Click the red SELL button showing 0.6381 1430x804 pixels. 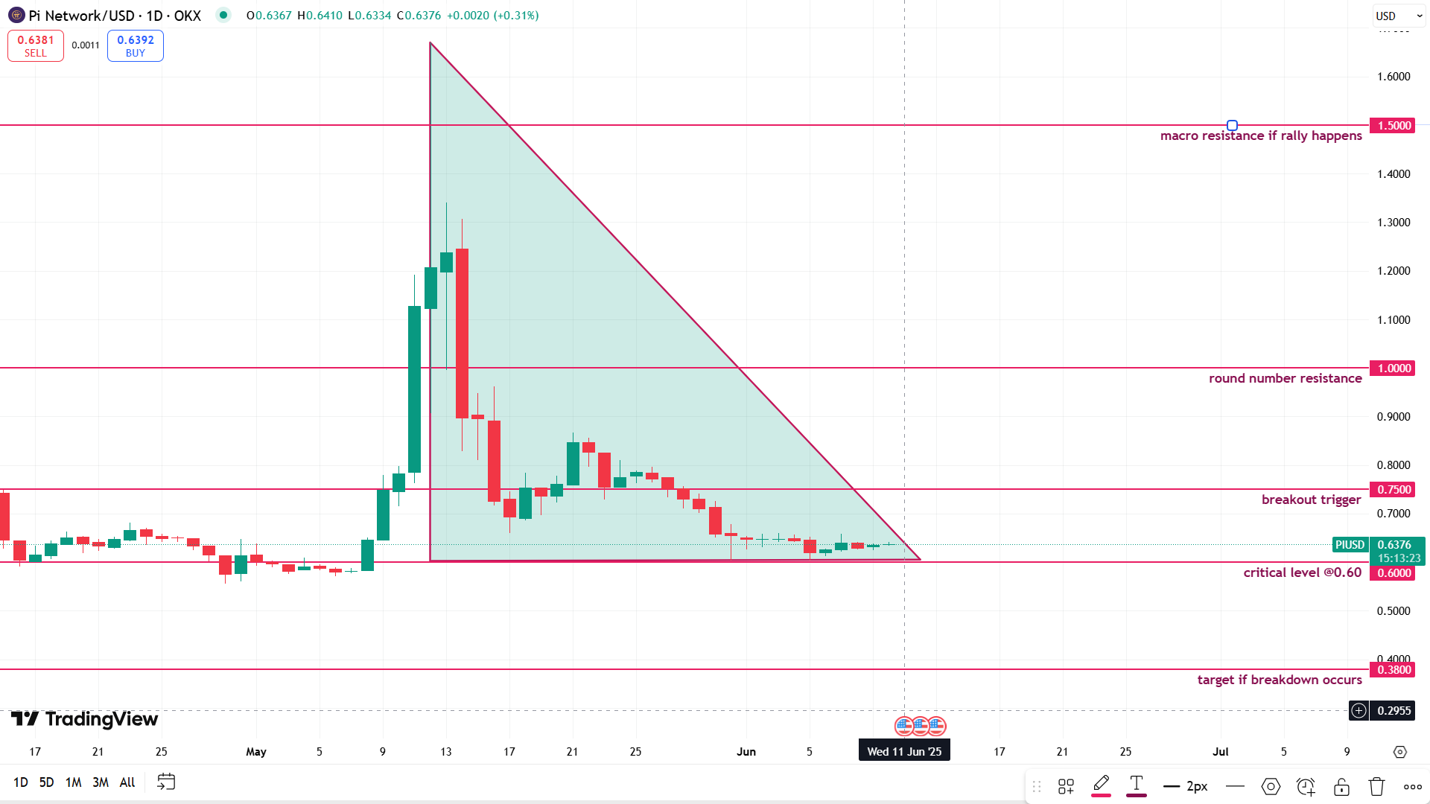click(x=35, y=45)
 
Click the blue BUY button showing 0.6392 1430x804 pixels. click(x=135, y=45)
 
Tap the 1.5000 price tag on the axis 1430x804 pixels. click(x=1394, y=126)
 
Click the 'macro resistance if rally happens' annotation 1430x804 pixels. click(x=1260, y=135)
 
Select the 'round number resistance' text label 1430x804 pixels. click(x=1285, y=378)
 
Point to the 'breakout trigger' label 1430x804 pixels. click(x=1311, y=500)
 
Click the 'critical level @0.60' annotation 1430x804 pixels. click(x=1302, y=572)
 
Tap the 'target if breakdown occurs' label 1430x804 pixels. click(x=1279, y=680)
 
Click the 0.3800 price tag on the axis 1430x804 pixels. click(x=1394, y=670)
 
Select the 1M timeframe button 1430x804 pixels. click(x=73, y=782)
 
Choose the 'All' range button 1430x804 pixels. click(x=127, y=782)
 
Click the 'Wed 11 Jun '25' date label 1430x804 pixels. click(x=904, y=751)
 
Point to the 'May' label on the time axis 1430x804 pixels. click(x=256, y=752)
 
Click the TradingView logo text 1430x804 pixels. click(x=85, y=719)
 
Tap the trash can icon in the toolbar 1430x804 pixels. click(x=1376, y=786)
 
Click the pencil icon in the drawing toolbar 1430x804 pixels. click(x=1101, y=785)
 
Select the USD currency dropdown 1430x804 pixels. click(x=1398, y=16)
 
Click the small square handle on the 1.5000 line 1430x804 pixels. click(x=1232, y=126)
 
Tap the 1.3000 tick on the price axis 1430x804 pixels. click(x=1394, y=223)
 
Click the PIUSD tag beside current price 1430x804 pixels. click(x=1350, y=545)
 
